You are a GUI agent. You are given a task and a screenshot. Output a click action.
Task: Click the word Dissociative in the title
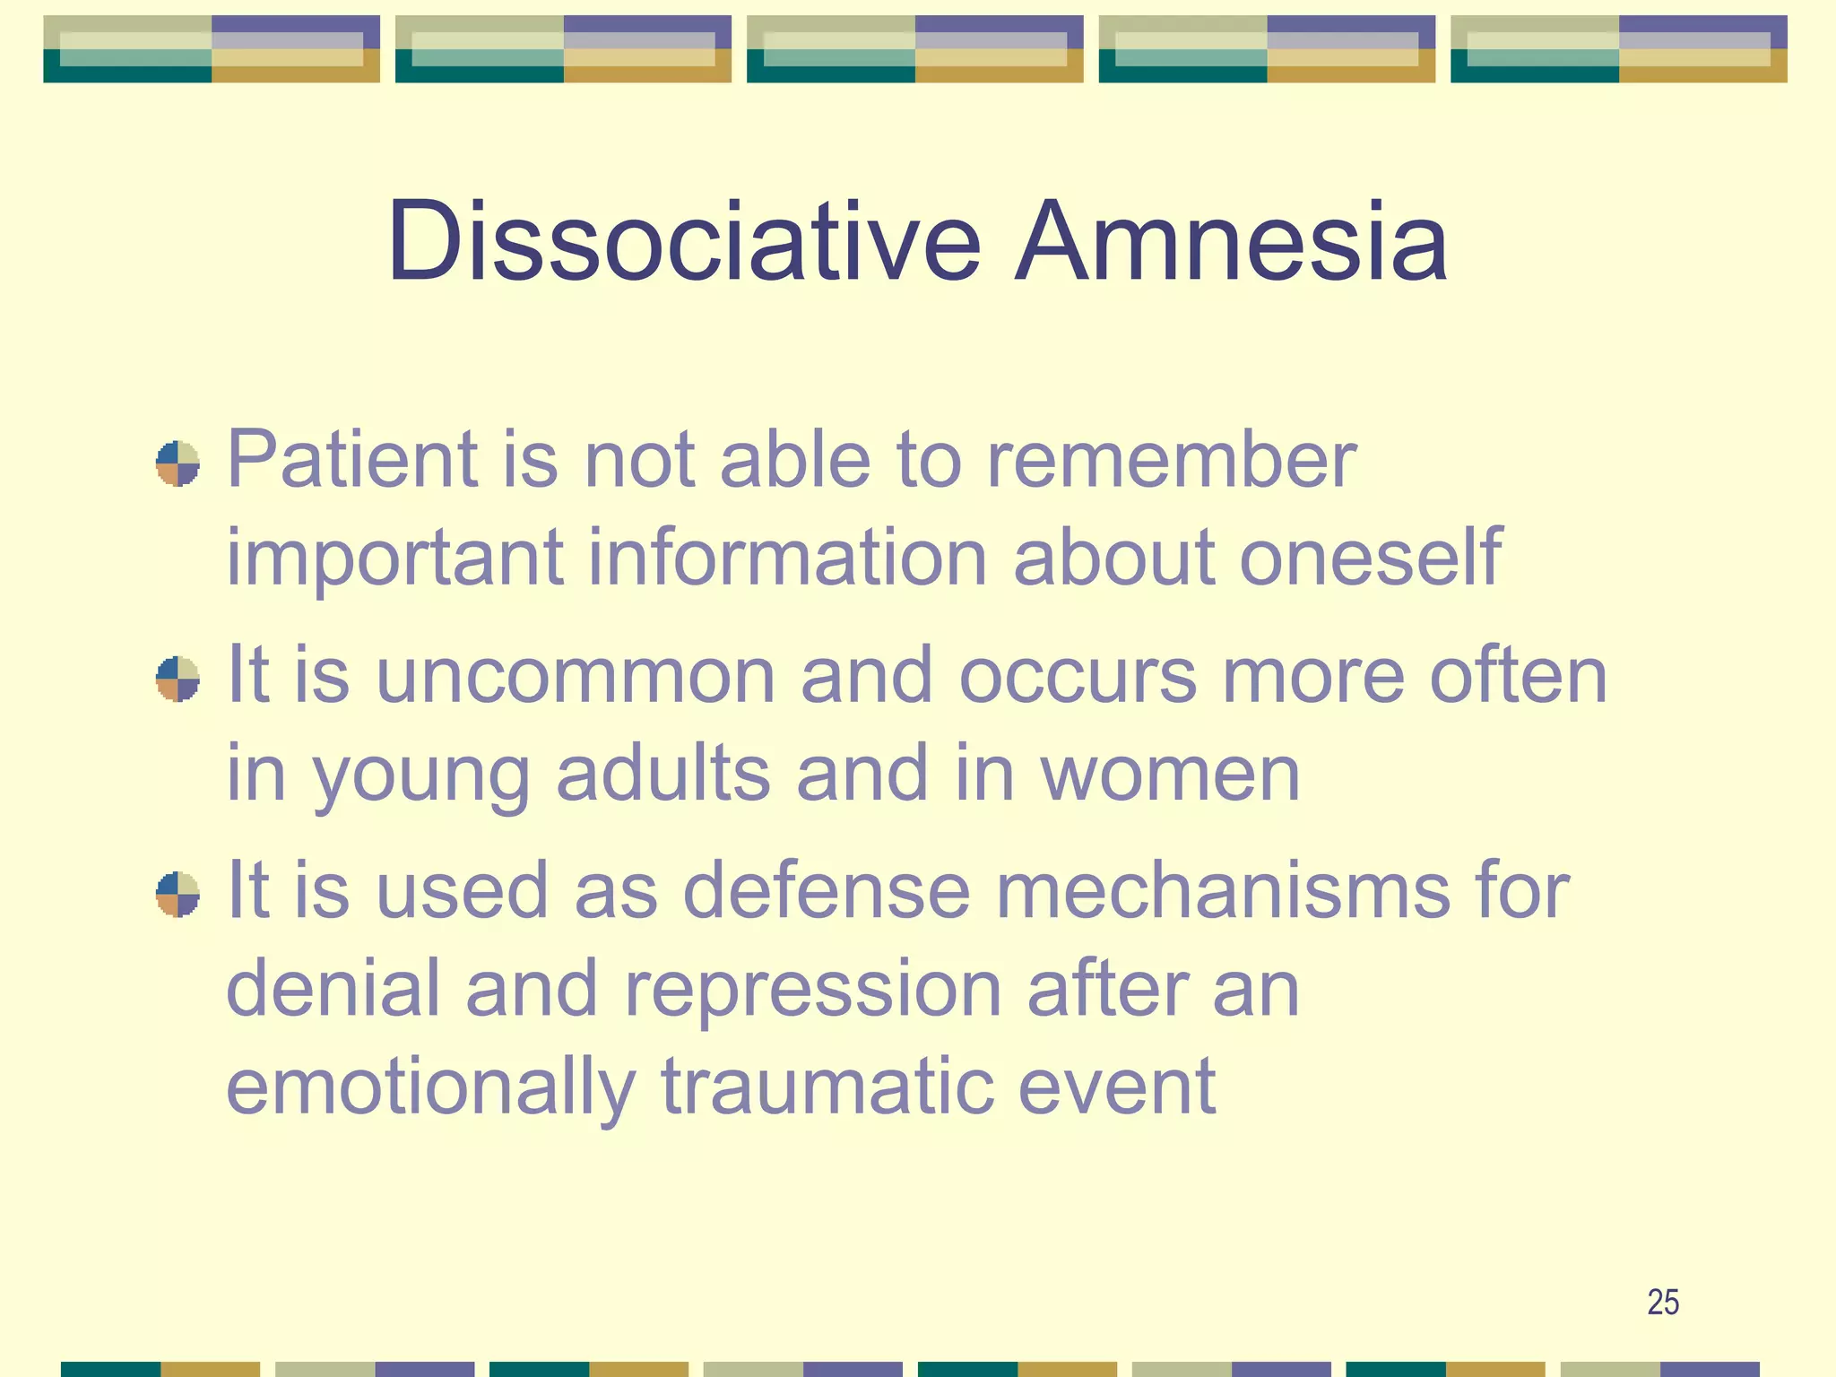[x=683, y=242]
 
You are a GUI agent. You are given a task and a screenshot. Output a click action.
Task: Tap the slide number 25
[x=1663, y=1303]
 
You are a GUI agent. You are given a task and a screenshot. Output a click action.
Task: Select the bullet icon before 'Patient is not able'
[x=178, y=463]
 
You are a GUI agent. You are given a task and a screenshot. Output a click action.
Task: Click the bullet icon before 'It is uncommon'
[x=178, y=679]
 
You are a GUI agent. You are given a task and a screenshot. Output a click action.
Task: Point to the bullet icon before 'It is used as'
[x=178, y=894]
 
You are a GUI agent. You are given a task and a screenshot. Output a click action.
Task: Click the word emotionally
[x=430, y=1088]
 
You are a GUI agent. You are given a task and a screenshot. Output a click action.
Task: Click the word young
[x=421, y=776]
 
